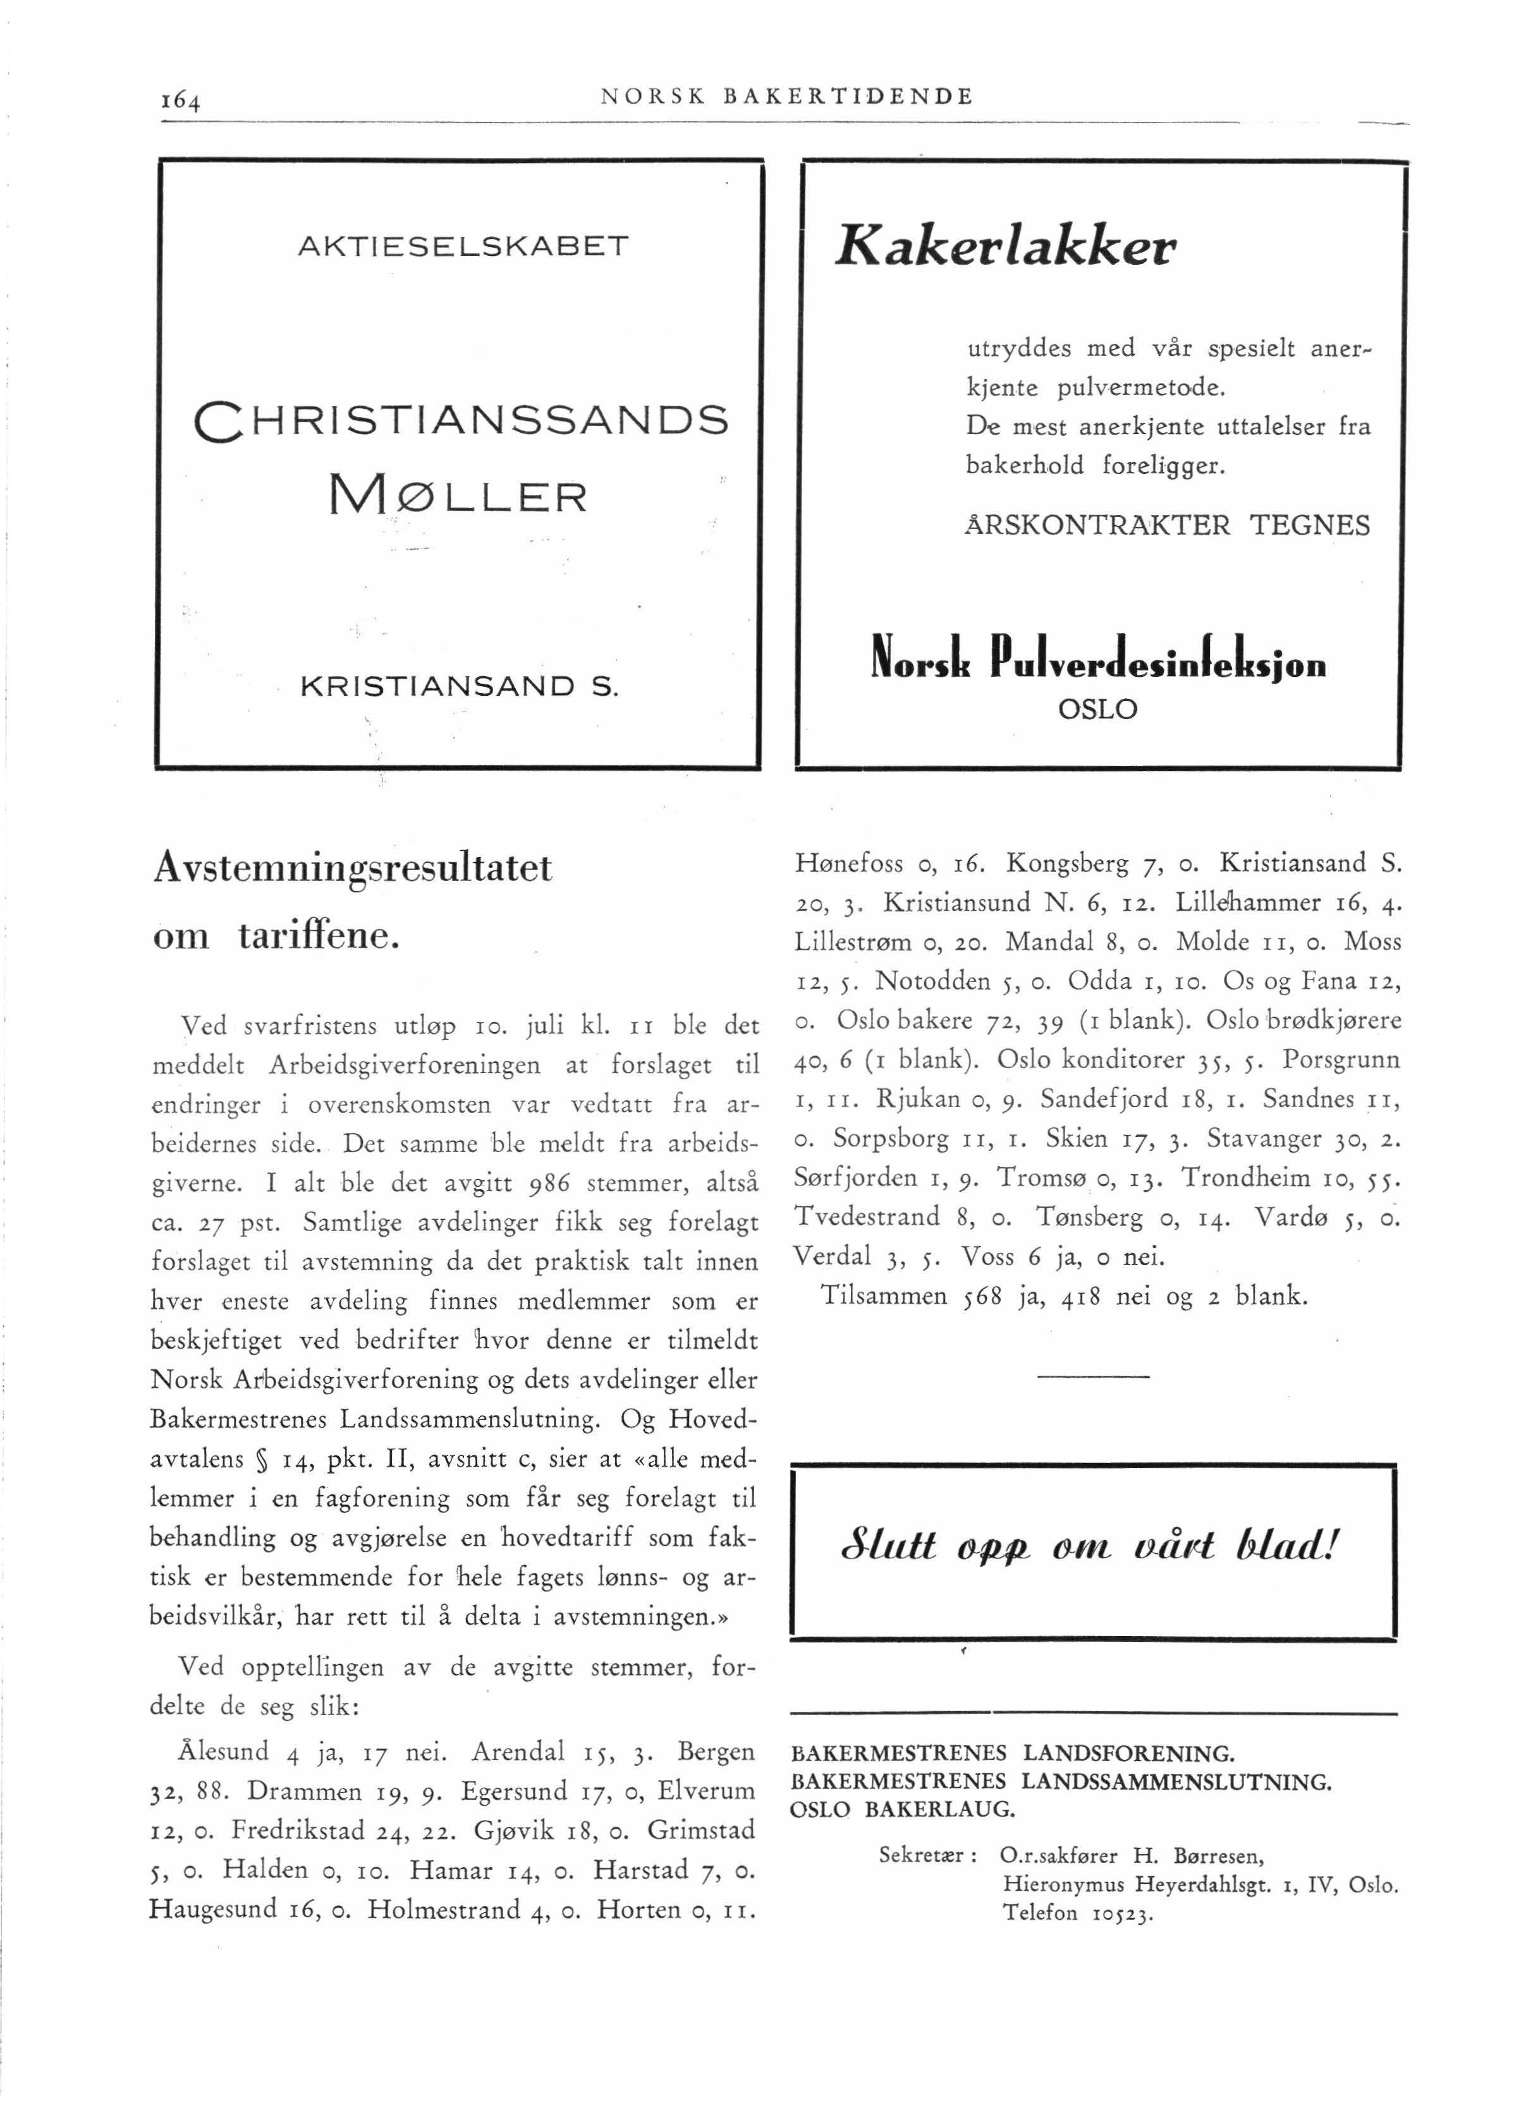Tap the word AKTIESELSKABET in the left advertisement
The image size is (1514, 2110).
463,246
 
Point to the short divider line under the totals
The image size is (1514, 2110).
1092,1376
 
